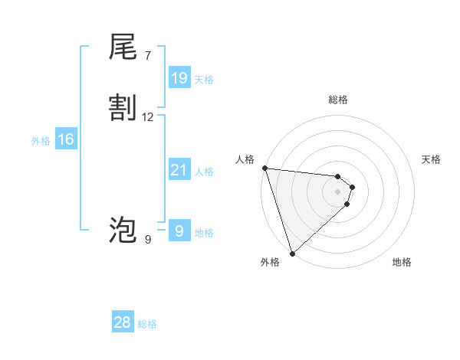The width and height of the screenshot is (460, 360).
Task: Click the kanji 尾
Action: pyautogui.click(x=123, y=47)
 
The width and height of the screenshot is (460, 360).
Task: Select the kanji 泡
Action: pyautogui.click(x=123, y=230)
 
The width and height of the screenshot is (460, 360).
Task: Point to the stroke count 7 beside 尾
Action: pyautogui.click(x=147, y=56)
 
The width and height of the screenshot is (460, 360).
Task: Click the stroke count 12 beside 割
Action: pyautogui.click(x=148, y=117)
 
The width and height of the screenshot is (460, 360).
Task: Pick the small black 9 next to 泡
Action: pyautogui.click(x=147, y=240)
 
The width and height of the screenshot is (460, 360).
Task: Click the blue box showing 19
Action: pyautogui.click(x=179, y=77)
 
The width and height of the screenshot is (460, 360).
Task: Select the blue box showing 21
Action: pyautogui.click(x=179, y=170)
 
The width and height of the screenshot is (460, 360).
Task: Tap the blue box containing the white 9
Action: pyautogui.click(x=179, y=231)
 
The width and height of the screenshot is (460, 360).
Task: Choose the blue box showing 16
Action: pyautogui.click(x=66, y=139)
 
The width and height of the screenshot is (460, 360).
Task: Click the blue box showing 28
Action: pyautogui.click(x=123, y=322)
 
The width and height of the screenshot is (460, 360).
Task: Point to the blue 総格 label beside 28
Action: pyautogui.click(x=147, y=324)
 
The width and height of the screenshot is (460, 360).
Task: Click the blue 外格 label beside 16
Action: pyautogui.click(x=41, y=141)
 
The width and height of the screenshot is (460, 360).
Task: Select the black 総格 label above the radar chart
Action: pyautogui.click(x=338, y=100)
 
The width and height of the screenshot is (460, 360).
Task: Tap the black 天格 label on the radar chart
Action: pyautogui.click(x=431, y=159)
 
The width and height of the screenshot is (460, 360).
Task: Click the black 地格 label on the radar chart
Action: pyautogui.click(x=402, y=262)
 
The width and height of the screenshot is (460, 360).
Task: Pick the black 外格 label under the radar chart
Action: pyautogui.click(x=270, y=262)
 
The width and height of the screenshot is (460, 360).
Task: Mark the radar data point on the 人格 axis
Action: pyautogui.click(x=264, y=168)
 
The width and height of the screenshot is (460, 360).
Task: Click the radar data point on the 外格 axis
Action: pyautogui.click(x=292, y=253)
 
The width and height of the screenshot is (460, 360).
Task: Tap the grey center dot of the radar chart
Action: pyautogui.click(x=338, y=191)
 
